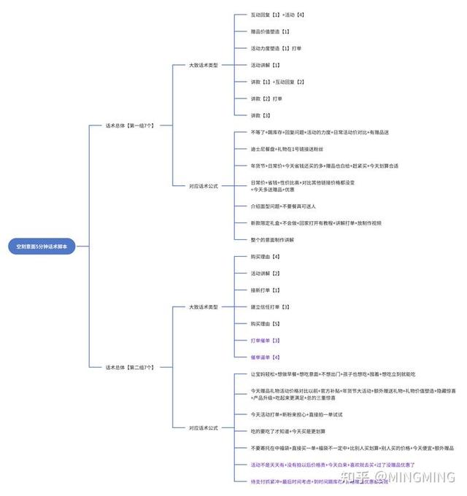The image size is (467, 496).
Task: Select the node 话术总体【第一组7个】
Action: [x=130, y=125]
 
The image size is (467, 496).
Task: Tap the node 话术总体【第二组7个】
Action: [x=130, y=367]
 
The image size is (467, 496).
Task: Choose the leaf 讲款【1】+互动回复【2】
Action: [x=277, y=82]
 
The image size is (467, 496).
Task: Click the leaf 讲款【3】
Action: [x=260, y=115]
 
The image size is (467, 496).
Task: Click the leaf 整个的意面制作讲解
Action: [x=277, y=239]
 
